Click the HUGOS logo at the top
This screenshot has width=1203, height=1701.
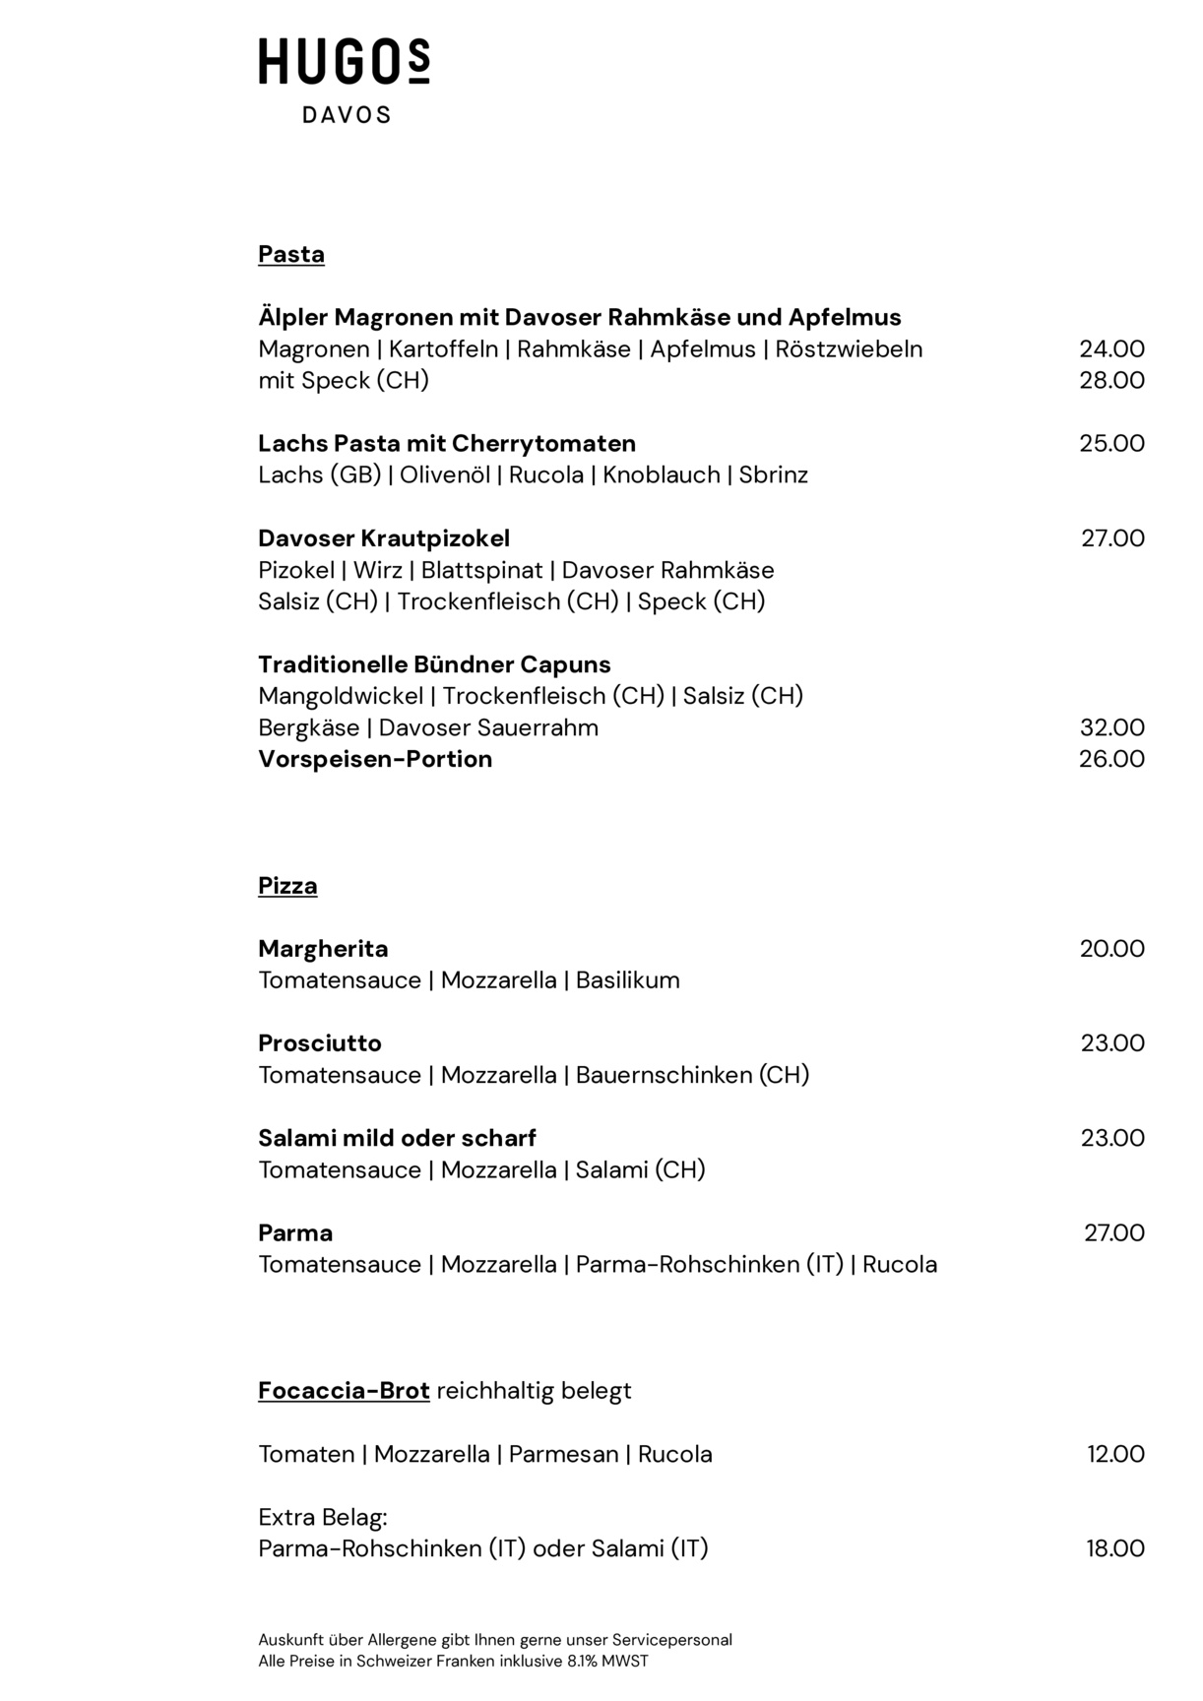[344, 61]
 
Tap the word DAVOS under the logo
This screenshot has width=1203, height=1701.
[346, 115]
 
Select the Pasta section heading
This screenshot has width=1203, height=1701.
[290, 254]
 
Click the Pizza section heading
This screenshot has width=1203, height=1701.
[287, 886]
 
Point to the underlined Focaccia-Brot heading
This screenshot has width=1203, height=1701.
[344, 1391]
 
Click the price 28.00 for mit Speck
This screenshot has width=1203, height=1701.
[1111, 381]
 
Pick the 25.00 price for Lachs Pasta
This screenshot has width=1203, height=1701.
[1111, 444]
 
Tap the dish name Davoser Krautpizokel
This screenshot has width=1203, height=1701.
[384, 538]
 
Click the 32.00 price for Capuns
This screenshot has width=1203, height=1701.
[1111, 727]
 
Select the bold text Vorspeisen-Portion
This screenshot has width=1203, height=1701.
[375, 759]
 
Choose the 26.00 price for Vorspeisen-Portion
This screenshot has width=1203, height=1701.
[1111, 759]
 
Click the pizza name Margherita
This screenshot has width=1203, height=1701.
[323, 949]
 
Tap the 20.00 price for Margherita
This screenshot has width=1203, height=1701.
[1111, 949]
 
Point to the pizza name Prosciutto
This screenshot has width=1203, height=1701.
[319, 1043]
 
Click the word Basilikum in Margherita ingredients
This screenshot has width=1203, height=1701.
[627, 980]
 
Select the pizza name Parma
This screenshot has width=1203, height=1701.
[295, 1233]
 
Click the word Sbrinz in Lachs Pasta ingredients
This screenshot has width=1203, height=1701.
[773, 475]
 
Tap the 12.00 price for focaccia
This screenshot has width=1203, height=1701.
[1115, 1454]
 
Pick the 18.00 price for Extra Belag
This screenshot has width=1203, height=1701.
[1115, 1548]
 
